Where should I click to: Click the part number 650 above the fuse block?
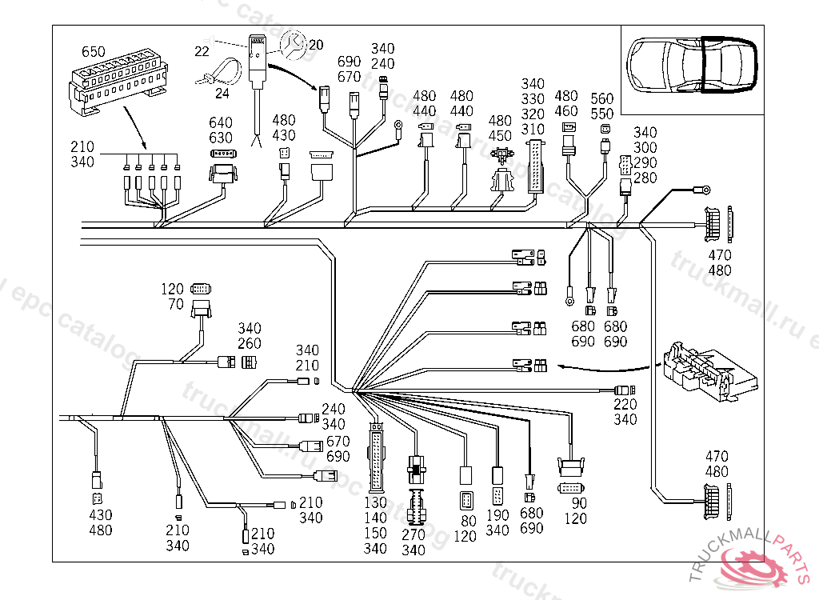[93, 52]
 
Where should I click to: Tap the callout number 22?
[202, 51]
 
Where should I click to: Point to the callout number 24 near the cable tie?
[222, 93]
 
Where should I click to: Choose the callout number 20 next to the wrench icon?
[316, 45]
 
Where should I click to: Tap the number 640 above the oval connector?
[221, 122]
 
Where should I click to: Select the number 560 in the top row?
[602, 98]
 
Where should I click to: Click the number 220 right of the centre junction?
[625, 405]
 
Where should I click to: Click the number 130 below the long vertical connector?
[375, 503]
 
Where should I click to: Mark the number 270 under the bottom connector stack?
[413, 534]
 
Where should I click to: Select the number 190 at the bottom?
[497, 515]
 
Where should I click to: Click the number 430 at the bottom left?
[100, 515]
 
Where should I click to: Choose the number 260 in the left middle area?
[250, 344]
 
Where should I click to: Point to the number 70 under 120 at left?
[176, 304]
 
